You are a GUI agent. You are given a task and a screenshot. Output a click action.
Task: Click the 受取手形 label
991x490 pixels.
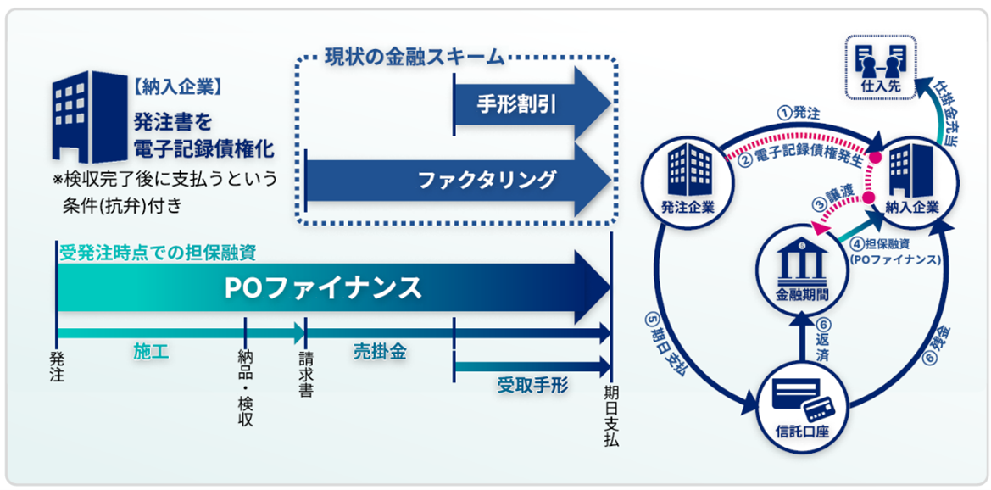click(532, 386)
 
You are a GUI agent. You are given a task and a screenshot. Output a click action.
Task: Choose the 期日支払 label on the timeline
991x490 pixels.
click(611, 416)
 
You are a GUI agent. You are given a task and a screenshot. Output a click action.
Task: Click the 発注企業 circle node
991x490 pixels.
click(688, 178)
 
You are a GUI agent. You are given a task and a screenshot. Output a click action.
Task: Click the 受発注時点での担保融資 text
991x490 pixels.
click(158, 252)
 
